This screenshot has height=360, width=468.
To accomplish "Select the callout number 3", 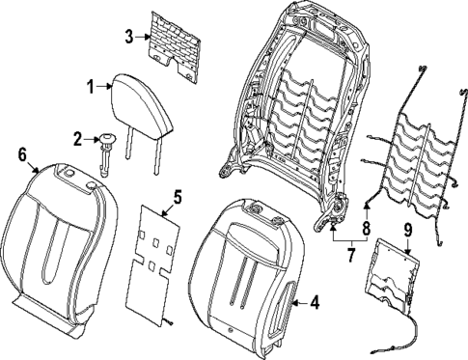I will coord(128,38).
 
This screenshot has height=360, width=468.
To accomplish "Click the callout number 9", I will coord(407,230).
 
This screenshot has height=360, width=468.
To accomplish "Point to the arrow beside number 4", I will coord(297,304).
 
